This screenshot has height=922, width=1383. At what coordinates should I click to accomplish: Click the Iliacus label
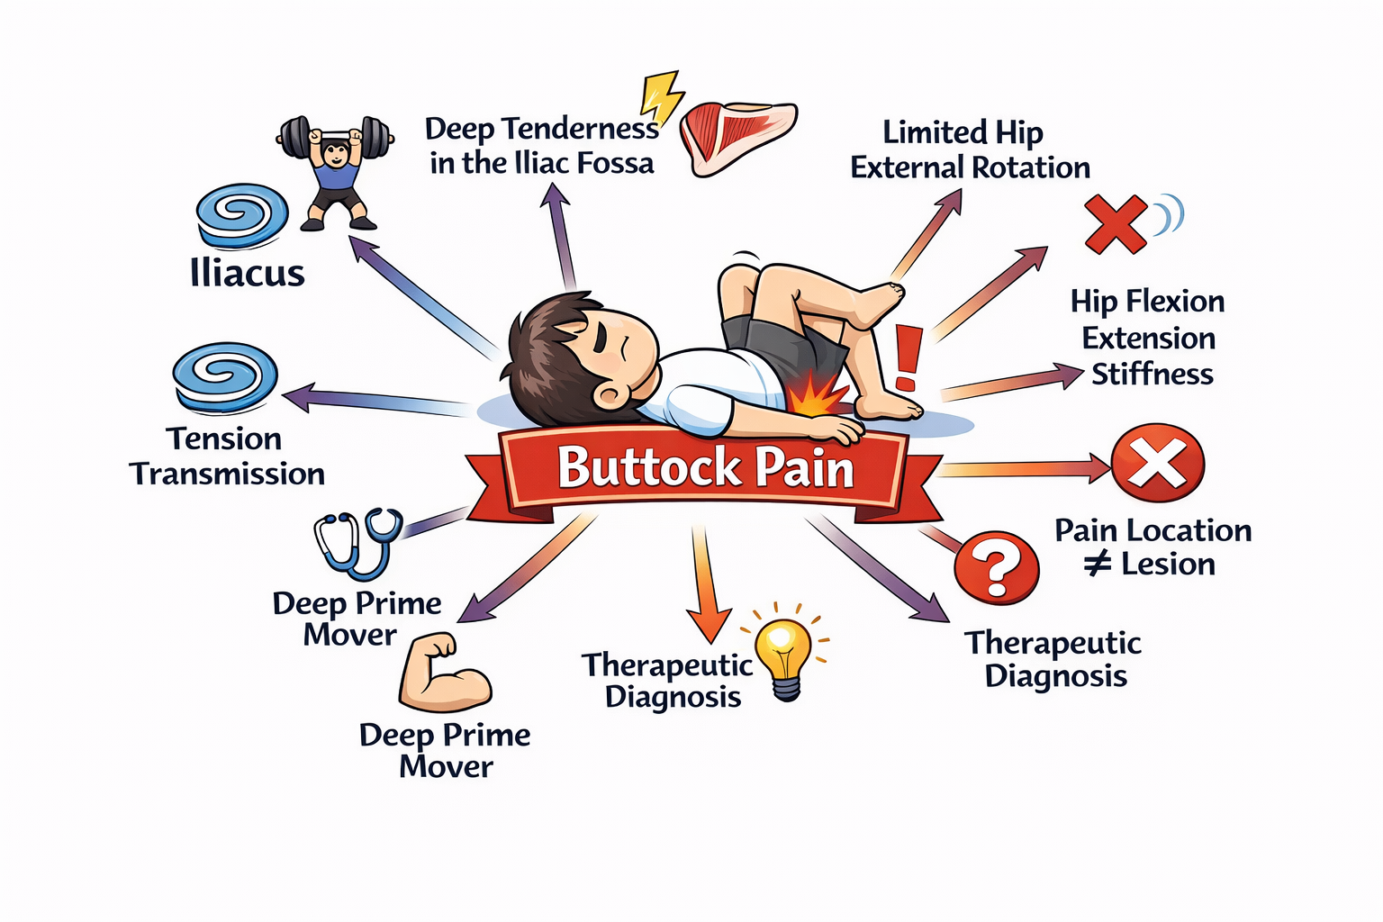click(248, 273)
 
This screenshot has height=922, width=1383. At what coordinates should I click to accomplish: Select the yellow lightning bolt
click(661, 97)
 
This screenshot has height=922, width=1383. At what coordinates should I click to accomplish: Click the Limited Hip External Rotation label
click(969, 149)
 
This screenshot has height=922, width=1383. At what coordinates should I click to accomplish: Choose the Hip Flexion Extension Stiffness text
click(1149, 338)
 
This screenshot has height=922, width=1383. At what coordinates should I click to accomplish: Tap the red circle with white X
click(1157, 463)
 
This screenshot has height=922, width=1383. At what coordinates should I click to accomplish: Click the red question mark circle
click(997, 567)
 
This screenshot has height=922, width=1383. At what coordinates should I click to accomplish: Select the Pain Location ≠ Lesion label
click(1152, 547)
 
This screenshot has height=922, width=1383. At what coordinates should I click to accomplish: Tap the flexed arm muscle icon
click(442, 673)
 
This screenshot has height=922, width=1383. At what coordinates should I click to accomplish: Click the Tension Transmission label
click(227, 456)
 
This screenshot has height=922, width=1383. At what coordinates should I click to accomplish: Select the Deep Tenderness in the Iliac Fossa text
click(542, 146)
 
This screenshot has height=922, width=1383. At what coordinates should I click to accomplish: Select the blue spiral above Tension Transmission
click(225, 376)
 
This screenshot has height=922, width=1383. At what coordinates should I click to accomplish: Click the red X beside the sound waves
click(1115, 223)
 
